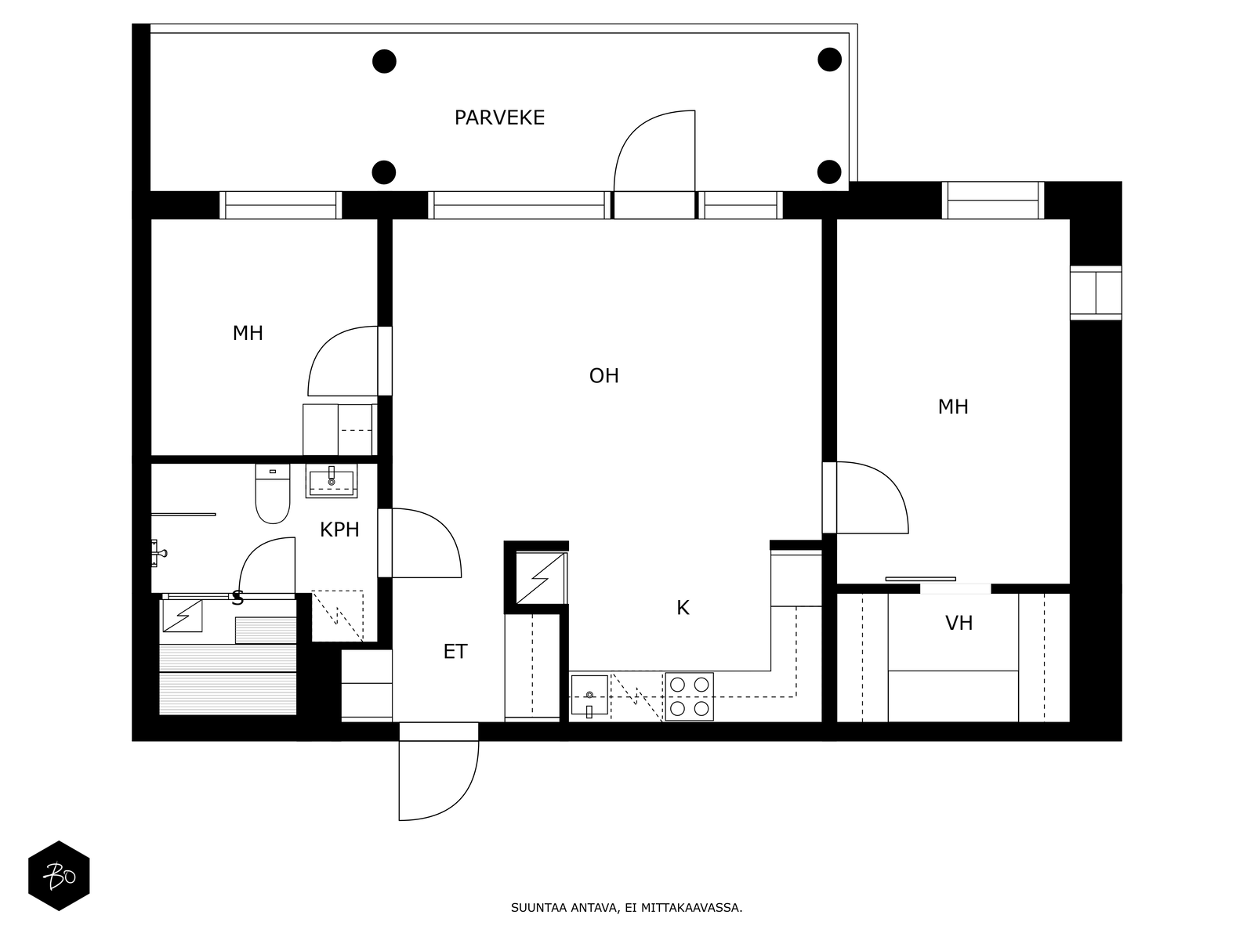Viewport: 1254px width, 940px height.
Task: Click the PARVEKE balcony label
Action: tap(499, 117)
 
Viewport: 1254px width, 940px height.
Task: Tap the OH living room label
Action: tap(603, 375)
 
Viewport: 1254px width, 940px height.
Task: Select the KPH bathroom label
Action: tap(339, 530)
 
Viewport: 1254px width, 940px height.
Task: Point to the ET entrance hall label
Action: tap(455, 651)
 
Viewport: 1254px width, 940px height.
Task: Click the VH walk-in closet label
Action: tap(959, 623)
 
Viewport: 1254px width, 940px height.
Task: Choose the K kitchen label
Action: tap(683, 608)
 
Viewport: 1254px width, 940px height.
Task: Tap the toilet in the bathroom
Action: tap(273, 493)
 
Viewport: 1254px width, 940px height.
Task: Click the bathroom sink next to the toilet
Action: tap(332, 480)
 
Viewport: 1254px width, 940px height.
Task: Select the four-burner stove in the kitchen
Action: tap(689, 696)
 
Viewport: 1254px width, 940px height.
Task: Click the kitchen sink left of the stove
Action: tap(589, 695)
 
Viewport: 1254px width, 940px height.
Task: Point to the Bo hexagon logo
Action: tap(59, 875)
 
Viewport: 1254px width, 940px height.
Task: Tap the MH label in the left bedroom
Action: tap(248, 333)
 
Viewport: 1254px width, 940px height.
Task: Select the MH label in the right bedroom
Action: tap(953, 407)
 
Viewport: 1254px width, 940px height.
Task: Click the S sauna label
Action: tap(237, 598)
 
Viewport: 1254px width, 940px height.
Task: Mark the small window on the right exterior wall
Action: tap(1096, 293)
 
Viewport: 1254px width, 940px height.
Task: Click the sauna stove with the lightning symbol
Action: tap(183, 615)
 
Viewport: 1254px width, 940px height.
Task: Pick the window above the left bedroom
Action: tap(281, 205)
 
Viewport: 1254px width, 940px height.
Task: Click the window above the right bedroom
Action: tap(993, 201)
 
